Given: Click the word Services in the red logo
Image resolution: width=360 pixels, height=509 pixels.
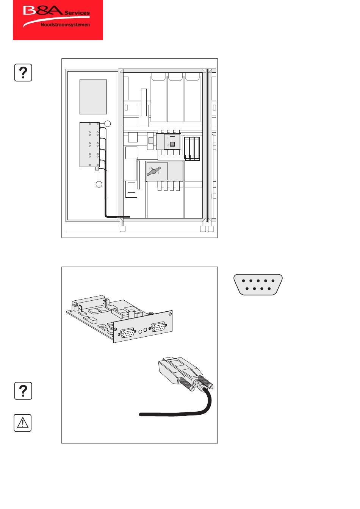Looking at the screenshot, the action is point(77,13).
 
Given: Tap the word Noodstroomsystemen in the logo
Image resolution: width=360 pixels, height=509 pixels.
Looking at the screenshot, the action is point(65,25).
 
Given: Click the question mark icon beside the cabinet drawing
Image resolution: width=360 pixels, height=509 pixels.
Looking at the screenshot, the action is point(23,73).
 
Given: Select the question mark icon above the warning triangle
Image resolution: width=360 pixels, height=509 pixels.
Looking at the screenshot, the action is point(23,391).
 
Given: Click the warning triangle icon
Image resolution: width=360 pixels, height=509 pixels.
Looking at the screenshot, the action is point(23,423).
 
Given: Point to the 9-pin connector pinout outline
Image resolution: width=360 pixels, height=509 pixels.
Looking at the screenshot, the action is point(258,285).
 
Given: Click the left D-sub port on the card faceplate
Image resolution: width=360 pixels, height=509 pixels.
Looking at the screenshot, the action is point(127,333).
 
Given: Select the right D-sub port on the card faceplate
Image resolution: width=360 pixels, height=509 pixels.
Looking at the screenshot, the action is point(158,327).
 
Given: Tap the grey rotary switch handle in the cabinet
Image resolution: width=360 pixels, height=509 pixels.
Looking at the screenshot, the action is point(154,171).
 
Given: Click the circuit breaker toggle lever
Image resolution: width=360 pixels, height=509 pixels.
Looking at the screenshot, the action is point(172,141).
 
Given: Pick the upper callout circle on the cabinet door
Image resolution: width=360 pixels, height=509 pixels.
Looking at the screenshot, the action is point(108,123).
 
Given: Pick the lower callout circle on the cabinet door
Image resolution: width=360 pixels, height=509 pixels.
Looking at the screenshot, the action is point(99,184).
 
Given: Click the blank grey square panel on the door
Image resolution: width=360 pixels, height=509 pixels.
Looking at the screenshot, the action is point(93,97).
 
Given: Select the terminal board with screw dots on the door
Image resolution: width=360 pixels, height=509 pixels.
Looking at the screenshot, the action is point(90,145).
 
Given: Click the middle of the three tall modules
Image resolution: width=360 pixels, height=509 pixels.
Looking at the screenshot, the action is point(175,99).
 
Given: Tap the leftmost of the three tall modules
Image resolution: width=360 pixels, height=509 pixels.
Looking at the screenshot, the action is point(158,99).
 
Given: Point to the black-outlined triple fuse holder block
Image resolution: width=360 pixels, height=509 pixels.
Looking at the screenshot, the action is point(192,148).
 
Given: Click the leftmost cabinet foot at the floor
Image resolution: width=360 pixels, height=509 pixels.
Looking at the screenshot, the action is point(122,228).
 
